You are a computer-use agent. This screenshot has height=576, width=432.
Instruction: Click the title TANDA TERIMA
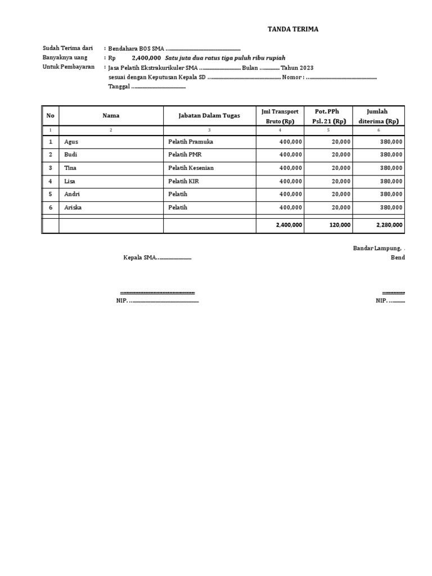292,29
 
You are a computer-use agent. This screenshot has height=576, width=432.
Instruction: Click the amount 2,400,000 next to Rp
146,58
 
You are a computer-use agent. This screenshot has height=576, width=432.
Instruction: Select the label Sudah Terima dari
67,48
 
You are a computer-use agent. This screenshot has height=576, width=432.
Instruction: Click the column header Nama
111,115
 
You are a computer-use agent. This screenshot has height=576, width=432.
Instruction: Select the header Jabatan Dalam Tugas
209,115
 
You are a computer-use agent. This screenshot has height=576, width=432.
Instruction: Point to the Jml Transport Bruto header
280,116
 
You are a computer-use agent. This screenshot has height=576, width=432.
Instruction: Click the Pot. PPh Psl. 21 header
328,116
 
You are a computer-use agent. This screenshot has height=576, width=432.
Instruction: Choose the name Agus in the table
71,142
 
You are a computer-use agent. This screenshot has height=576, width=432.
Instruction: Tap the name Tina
70,168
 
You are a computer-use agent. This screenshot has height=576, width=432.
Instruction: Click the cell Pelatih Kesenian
191,168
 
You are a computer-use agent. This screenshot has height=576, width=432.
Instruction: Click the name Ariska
73,208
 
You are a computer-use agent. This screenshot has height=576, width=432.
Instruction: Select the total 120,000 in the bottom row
339,225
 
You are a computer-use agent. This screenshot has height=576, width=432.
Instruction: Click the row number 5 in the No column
51,194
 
